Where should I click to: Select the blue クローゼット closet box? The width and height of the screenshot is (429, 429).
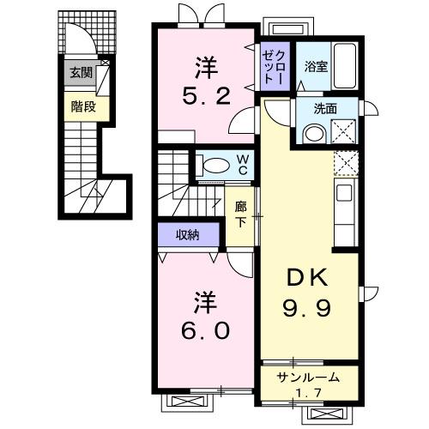(274, 65)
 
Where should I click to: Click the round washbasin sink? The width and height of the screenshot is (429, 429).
(314, 133)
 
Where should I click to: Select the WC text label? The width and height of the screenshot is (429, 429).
(243, 164)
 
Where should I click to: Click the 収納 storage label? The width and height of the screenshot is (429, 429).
(188, 234)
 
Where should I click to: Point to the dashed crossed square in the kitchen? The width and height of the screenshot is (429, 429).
(347, 163)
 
